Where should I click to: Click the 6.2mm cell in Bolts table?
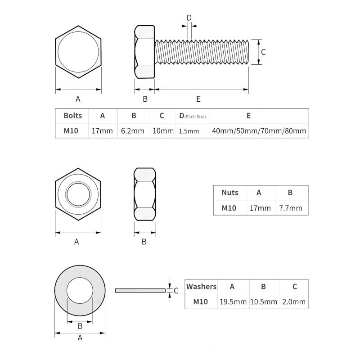(133, 131)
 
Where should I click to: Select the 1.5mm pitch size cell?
(189, 131)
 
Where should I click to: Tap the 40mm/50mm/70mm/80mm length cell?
(259, 131)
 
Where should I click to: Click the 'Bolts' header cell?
(72, 116)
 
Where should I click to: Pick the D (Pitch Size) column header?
(192, 116)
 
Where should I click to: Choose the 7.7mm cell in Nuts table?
(291, 208)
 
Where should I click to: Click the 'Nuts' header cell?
(230, 193)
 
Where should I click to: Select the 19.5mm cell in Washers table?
(233, 301)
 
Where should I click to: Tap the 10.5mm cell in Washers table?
(263, 301)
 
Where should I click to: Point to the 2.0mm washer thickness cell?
(294, 301)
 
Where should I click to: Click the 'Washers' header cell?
(202, 287)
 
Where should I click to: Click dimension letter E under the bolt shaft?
(198, 99)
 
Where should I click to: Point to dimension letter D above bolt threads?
(189, 18)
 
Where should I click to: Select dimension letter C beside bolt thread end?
(264, 52)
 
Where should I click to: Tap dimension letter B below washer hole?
(80, 326)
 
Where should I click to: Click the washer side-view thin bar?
(140, 290)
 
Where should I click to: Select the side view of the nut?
(145, 194)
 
